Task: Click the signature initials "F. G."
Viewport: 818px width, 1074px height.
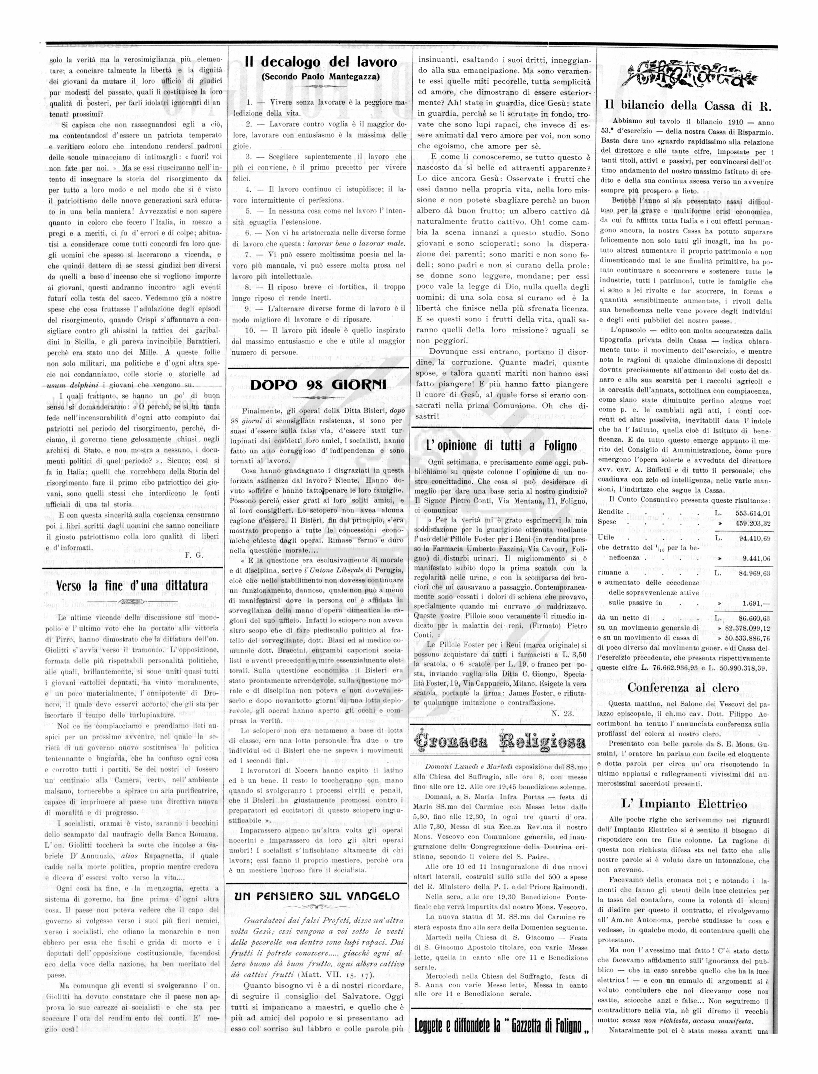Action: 194,555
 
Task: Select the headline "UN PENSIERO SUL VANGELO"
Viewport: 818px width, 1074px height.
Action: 317,896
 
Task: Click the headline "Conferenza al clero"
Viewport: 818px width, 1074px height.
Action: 683,688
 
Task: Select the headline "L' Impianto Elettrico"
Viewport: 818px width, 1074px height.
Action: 684,804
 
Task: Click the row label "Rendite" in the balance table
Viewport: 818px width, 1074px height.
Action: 611,512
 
